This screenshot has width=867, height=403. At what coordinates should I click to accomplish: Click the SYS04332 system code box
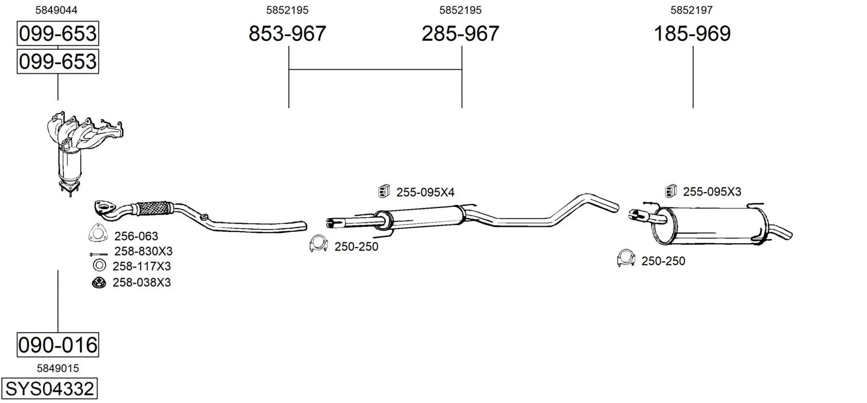(49, 388)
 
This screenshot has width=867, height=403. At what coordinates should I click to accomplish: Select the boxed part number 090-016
(58, 345)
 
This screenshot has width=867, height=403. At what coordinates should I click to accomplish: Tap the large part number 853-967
(287, 33)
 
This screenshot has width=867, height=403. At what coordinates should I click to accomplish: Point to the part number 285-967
(460, 33)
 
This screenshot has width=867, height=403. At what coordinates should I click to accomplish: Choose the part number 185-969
(692, 33)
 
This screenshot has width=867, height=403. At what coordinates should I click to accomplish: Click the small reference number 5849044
(57, 10)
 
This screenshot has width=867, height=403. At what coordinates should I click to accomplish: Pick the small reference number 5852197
(692, 10)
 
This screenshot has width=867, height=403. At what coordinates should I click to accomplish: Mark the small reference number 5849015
(58, 368)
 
